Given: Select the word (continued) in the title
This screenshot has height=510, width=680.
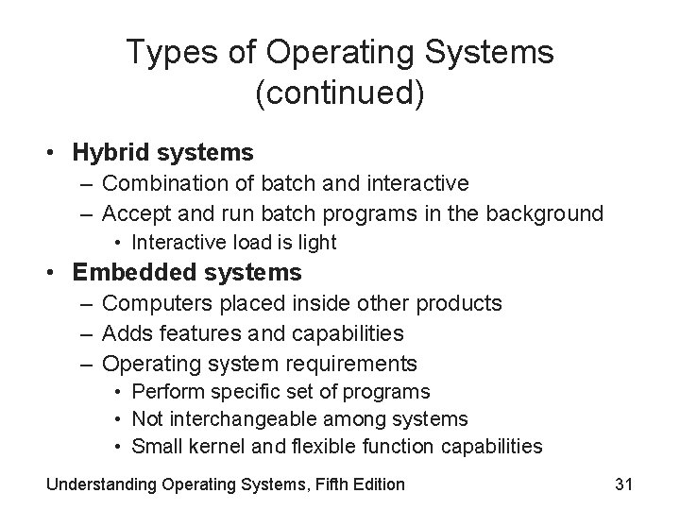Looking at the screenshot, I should coord(340,93).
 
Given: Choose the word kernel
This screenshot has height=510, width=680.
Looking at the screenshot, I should coord(212,446).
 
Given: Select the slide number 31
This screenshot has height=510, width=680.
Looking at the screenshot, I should coord(622,484).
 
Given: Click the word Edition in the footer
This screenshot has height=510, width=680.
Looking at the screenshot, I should coord(372,484).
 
